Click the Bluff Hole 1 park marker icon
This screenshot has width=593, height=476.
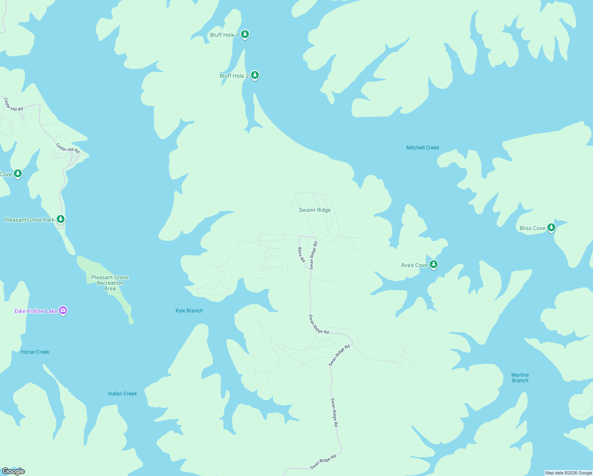tap(245, 35)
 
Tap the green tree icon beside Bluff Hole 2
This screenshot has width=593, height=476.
tap(255, 75)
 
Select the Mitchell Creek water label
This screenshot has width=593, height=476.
tap(423, 148)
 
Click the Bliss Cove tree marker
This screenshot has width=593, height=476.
tap(551, 228)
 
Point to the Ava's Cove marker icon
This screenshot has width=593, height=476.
tap(434, 265)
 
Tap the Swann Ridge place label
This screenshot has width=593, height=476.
tap(315, 210)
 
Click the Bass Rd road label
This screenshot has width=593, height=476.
tap(302, 255)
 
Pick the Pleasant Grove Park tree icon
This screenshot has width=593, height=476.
tap(61, 219)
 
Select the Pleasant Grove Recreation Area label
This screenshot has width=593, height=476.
tap(110, 283)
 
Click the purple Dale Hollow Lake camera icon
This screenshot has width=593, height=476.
tap(63, 311)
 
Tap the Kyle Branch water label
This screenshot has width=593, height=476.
tap(189, 311)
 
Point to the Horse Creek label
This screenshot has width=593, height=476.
tap(35, 352)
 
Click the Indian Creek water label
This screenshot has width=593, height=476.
tap(122, 393)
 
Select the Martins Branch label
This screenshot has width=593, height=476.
tap(520, 378)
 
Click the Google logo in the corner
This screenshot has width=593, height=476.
tap(13, 471)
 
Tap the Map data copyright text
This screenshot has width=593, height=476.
tap(568, 473)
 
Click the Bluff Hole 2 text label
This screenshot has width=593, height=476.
tap(234, 76)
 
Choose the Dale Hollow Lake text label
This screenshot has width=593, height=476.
tap(36, 311)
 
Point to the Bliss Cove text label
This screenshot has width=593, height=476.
tap(532, 228)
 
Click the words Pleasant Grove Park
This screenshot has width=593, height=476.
tap(30, 220)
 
